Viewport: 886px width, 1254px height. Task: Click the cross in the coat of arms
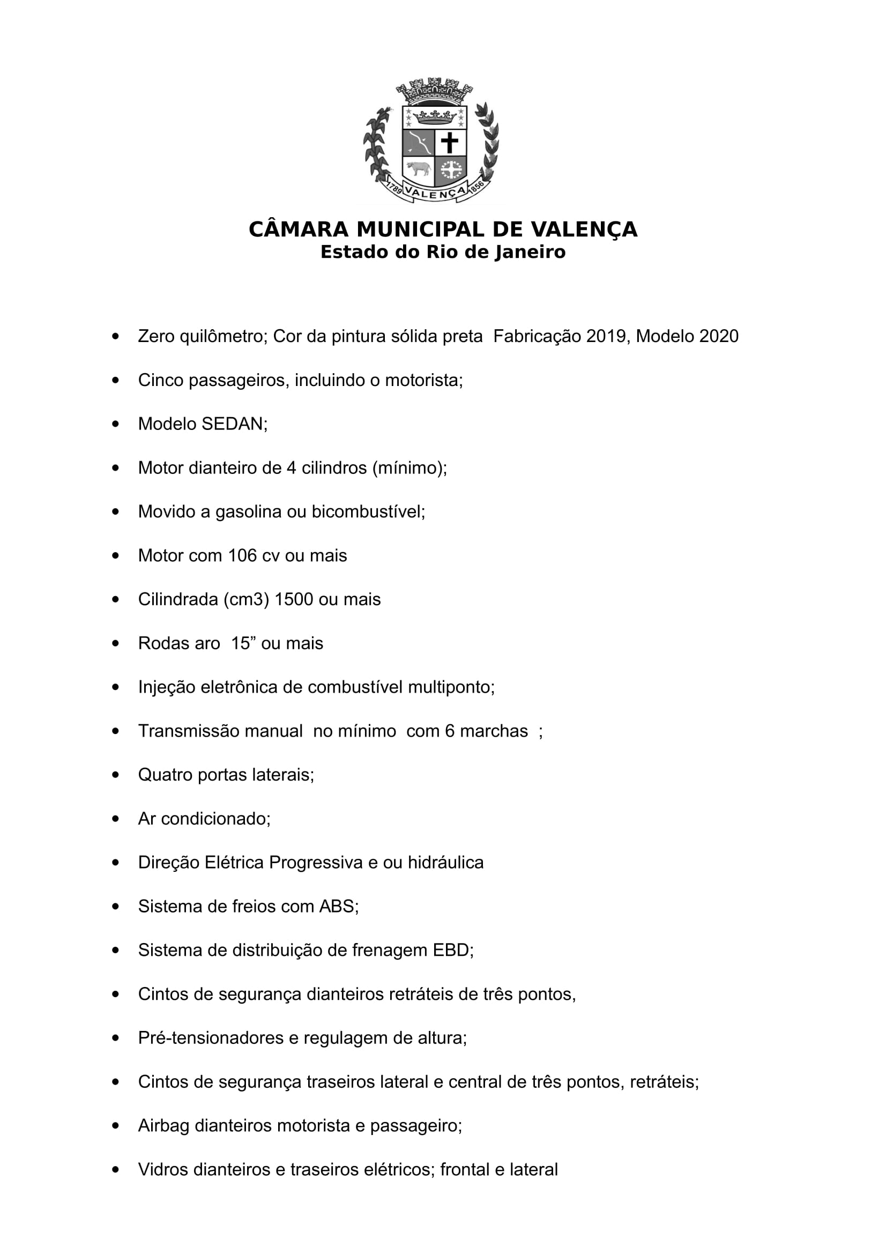tap(450, 143)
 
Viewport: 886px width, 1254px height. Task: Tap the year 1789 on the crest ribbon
tap(394, 188)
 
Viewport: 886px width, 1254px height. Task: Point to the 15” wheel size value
tap(244, 643)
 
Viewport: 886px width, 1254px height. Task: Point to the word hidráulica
tap(445, 863)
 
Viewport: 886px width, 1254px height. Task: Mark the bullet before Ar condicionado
tap(115, 819)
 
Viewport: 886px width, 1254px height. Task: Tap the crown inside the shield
tap(435, 116)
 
